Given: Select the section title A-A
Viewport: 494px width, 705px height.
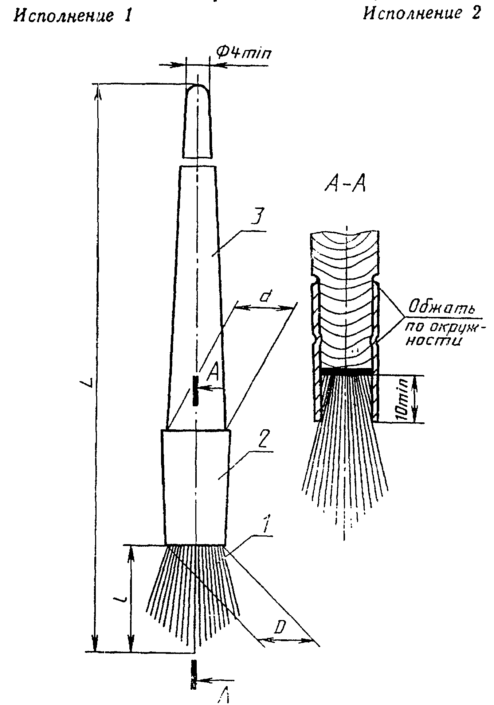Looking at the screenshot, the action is click(345, 185).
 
